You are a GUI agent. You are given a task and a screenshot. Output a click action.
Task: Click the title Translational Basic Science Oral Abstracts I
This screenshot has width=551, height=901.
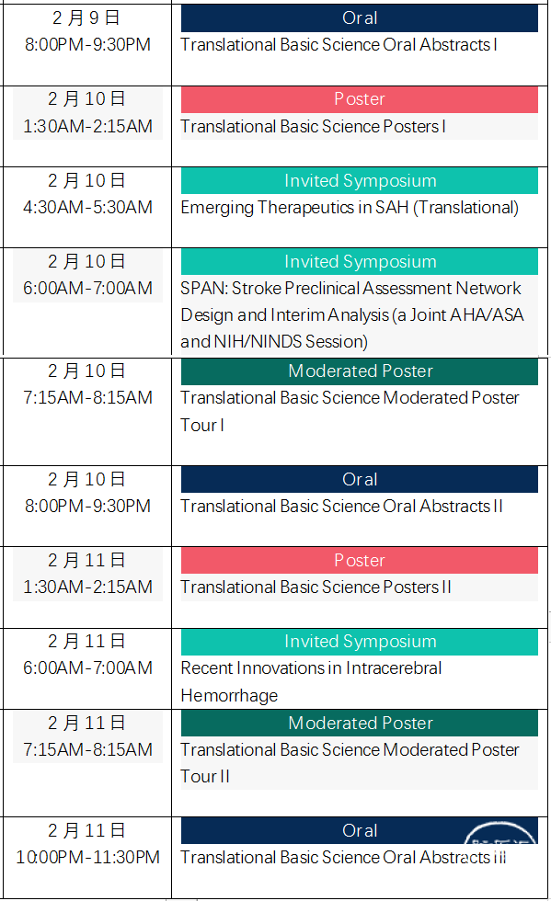339,45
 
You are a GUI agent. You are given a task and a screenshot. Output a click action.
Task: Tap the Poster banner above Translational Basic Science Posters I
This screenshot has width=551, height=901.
360,99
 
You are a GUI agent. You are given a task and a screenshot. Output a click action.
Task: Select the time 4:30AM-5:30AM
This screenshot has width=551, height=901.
87,207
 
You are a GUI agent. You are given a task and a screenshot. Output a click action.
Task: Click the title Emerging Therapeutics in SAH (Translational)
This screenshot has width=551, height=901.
350,208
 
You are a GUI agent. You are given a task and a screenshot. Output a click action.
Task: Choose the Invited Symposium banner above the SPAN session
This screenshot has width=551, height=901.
360,261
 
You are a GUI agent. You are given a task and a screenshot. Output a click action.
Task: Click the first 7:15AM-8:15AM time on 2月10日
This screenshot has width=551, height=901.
87,397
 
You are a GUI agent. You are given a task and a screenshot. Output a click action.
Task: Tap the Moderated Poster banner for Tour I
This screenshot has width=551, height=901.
360,371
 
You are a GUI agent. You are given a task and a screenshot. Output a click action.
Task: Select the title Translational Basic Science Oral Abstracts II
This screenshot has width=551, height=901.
341,507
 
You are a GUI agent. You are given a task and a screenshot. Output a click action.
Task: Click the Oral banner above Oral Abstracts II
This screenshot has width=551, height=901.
360,479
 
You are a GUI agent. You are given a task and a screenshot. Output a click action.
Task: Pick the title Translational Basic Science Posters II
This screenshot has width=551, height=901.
316,587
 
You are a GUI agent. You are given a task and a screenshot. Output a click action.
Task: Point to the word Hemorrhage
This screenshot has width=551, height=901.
229,696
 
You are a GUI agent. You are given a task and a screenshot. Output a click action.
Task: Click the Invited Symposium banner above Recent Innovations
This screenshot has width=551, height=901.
360,642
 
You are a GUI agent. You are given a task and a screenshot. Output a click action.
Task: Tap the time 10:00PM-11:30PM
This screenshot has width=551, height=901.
87,857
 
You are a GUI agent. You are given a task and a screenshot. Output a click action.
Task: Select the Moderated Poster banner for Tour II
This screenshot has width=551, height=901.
360,723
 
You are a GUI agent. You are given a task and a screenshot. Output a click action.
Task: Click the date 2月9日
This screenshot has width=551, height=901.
86,17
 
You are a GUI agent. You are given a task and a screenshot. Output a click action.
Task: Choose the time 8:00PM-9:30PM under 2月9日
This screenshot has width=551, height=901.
87,45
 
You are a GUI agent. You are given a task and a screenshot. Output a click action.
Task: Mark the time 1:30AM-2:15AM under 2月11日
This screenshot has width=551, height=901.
87,587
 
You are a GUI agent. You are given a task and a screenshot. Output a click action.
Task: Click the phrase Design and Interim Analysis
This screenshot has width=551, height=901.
285,315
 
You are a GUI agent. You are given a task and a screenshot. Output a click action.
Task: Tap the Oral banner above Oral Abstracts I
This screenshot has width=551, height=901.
360,18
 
